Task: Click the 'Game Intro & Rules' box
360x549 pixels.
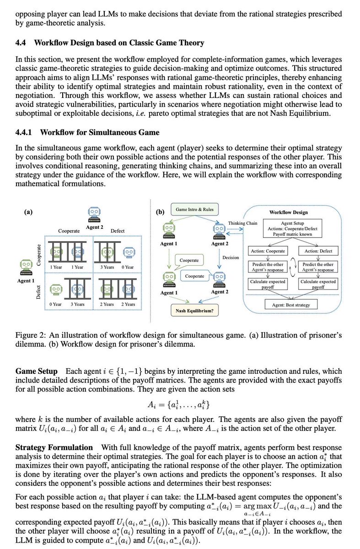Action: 194,210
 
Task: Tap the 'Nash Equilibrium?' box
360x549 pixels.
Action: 194,311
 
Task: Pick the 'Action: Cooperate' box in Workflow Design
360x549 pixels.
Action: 268,251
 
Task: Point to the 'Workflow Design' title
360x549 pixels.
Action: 288,212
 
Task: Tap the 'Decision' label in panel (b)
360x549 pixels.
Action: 231,257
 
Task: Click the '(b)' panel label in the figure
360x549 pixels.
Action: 160,212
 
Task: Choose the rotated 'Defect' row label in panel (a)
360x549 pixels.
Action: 39,291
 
